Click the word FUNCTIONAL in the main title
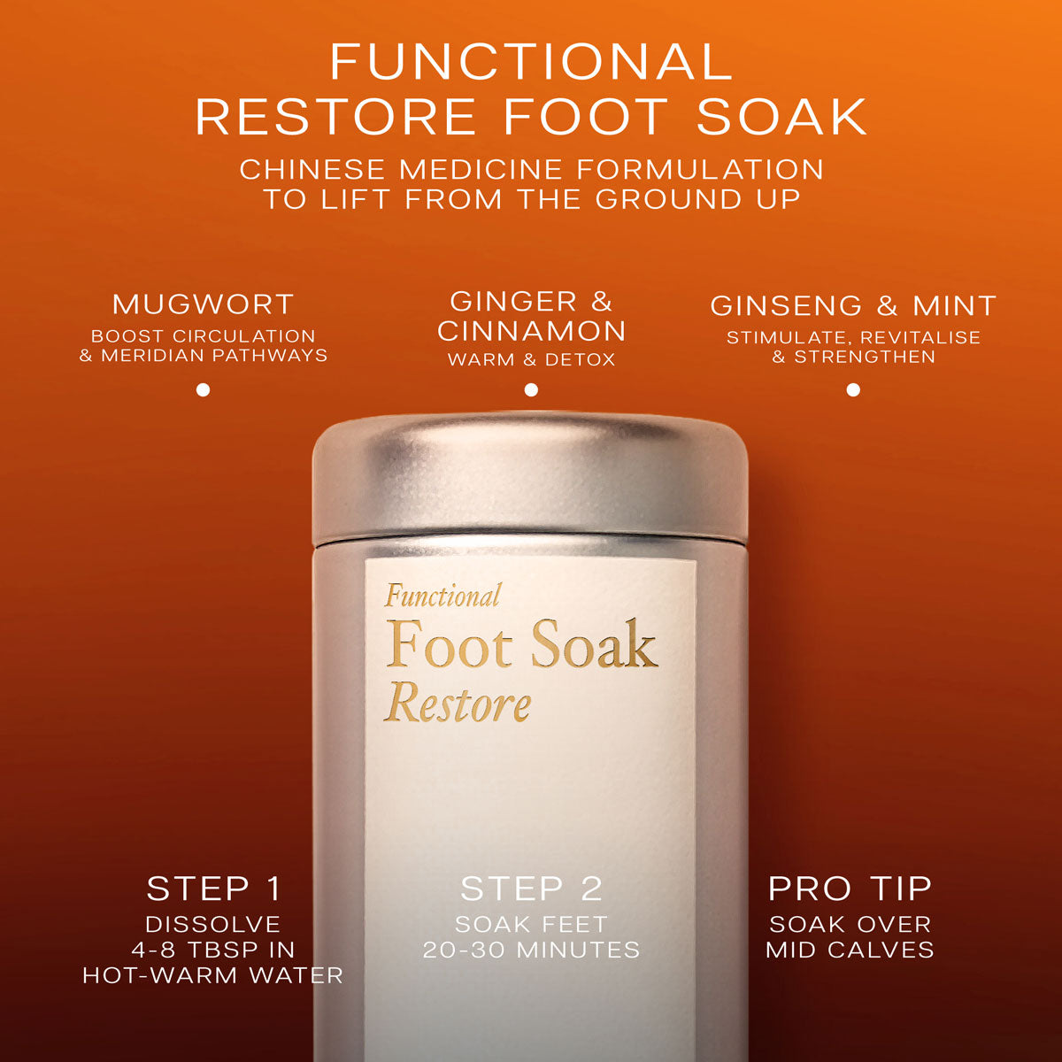[x=531, y=62]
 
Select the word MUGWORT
[x=203, y=304]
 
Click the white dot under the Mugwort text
[x=203, y=390]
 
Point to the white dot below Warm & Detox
[x=531, y=390]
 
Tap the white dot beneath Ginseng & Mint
[x=853, y=390]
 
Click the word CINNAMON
[x=531, y=331]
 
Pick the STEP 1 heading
[x=214, y=889]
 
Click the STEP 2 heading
[x=531, y=889]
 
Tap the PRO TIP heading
[x=850, y=889]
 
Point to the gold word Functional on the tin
[x=442, y=596]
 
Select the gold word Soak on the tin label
[x=594, y=643]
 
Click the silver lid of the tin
[x=530, y=479]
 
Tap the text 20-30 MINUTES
[x=531, y=950]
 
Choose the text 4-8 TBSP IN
[x=213, y=950]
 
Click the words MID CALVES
[x=850, y=950]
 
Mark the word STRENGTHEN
[x=865, y=357]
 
